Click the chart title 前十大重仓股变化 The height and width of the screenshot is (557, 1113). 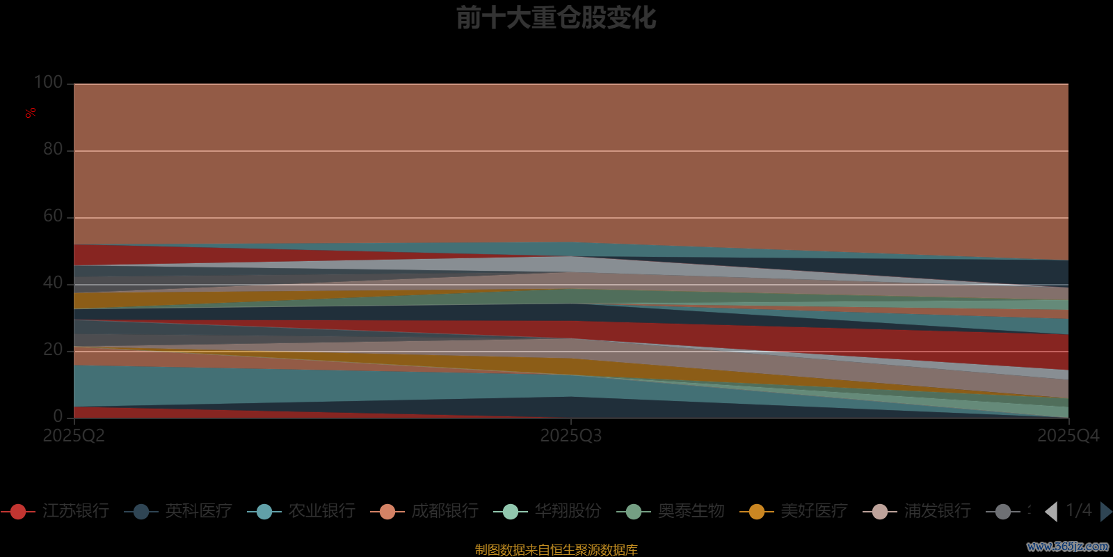click(x=556, y=18)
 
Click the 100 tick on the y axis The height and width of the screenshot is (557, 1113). click(x=49, y=83)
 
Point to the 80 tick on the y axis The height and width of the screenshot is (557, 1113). click(x=53, y=150)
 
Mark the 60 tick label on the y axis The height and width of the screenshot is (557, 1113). click(x=53, y=217)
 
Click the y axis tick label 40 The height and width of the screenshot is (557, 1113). click(x=53, y=283)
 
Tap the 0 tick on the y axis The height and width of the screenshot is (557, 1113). click(x=58, y=416)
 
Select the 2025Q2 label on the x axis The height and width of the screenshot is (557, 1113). click(x=74, y=436)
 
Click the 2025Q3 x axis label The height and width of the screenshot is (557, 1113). click(x=571, y=436)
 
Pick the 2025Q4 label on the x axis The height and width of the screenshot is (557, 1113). click(x=1068, y=436)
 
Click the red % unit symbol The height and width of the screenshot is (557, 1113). click(x=31, y=113)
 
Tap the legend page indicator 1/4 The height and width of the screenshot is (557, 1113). click(x=1079, y=510)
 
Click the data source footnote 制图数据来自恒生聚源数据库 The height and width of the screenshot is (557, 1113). click(x=556, y=550)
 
